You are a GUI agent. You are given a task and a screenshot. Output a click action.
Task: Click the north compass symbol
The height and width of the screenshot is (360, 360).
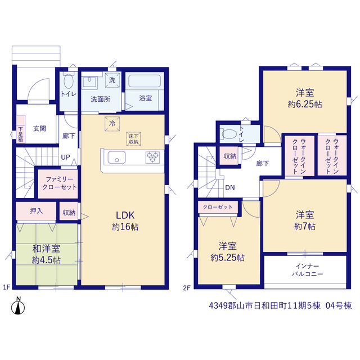click(18, 306)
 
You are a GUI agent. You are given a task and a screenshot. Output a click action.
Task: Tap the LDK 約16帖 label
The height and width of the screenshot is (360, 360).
click(125, 221)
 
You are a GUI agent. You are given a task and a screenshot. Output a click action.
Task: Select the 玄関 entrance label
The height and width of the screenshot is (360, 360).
click(40, 129)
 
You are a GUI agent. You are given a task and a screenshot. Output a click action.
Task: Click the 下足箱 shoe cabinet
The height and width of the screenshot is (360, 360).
click(21, 129)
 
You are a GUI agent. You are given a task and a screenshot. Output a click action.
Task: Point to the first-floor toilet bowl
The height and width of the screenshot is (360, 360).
click(69, 80)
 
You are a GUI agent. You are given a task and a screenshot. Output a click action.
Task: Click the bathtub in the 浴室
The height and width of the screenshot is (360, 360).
click(145, 81)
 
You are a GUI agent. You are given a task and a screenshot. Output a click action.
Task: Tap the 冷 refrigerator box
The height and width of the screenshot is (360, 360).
click(112, 124)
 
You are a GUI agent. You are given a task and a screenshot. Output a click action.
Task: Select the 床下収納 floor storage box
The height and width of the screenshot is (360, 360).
click(133, 139)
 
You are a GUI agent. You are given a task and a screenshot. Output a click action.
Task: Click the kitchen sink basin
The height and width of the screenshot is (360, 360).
click(116, 157)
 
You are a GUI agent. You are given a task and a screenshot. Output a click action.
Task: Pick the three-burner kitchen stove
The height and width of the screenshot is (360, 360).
click(152, 157)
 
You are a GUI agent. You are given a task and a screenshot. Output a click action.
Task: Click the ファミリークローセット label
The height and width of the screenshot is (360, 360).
click(60, 183)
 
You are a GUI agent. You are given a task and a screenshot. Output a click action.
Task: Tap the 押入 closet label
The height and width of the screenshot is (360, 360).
click(36, 211)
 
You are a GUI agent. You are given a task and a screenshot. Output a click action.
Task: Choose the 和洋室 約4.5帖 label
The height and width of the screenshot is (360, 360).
click(46, 254)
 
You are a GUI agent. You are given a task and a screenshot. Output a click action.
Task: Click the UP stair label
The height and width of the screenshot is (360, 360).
click(65, 157)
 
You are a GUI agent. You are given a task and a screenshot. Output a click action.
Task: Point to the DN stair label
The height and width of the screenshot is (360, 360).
click(230, 187)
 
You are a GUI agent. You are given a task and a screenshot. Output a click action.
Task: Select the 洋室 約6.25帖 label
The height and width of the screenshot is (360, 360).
click(305, 98)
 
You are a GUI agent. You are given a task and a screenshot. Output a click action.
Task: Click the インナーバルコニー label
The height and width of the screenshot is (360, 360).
click(308, 270)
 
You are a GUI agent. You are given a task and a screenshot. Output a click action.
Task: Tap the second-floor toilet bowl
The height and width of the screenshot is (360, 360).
click(229, 134)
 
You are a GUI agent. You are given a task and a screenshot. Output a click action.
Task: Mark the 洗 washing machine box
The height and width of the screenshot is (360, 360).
click(112, 80)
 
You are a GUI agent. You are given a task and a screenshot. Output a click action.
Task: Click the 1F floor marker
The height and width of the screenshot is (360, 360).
click(7, 287)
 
